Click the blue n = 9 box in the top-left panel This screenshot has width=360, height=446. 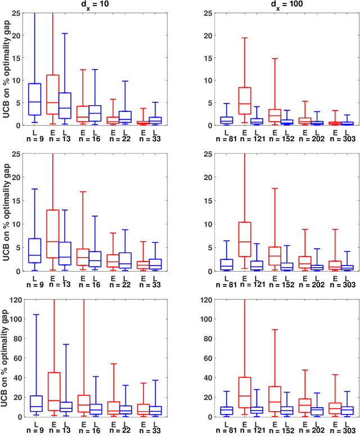(x=35, y=100)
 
